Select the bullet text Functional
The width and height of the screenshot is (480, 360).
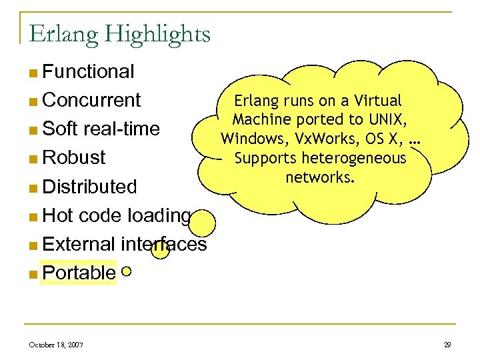(x=88, y=71)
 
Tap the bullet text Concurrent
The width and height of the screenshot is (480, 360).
(x=91, y=100)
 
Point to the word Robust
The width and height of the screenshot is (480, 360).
(x=74, y=157)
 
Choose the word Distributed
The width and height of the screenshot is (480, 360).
(x=89, y=186)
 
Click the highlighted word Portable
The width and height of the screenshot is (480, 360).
(x=79, y=273)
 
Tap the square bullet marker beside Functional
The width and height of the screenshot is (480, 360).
(x=33, y=72)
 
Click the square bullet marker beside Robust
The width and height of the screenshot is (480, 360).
(x=33, y=158)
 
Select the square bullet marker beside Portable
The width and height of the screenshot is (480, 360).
(x=33, y=273)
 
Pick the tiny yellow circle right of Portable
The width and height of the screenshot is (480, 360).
(x=127, y=271)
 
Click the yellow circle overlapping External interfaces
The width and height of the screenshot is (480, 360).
(x=160, y=248)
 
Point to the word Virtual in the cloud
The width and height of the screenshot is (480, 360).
(x=378, y=101)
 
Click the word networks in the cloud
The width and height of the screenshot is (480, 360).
(x=320, y=177)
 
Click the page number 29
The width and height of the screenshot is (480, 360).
(x=447, y=344)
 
